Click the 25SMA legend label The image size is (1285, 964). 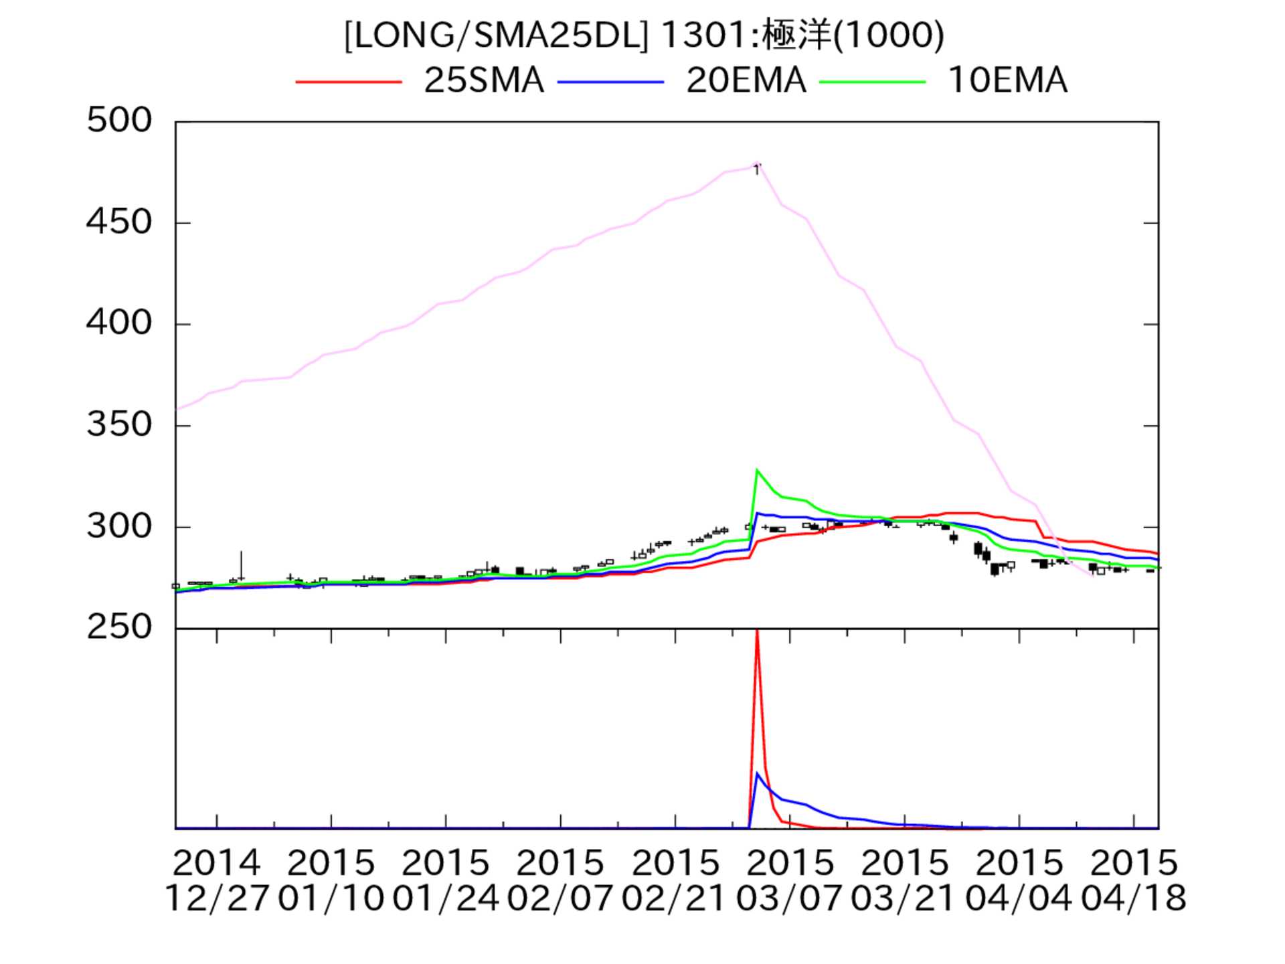[x=484, y=81]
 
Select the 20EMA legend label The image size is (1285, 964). [x=746, y=81]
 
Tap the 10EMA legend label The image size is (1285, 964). [x=1007, y=81]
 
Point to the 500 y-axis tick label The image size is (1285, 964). [x=119, y=121]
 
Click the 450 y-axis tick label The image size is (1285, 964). [x=119, y=222]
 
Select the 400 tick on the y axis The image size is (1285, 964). [x=119, y=323]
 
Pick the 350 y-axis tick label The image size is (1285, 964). [x=119, y=425]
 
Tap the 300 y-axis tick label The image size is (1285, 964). [x=119, y=527]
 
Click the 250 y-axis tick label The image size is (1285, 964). [x=119, y=628]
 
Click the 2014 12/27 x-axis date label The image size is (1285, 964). [x=216, y=880]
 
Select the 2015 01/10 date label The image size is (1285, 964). [x=331, y=880]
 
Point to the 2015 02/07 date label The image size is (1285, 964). [x=560, y=880]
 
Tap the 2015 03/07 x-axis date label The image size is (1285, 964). [x=790, y=880]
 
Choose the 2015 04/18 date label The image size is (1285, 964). [x=1133, y=880]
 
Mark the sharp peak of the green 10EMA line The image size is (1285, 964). [x=757, y=470]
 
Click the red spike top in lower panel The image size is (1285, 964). [x=757, y=633]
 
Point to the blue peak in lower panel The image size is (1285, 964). [x=757, y=773]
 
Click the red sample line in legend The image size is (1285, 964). [x=349, y=82]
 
